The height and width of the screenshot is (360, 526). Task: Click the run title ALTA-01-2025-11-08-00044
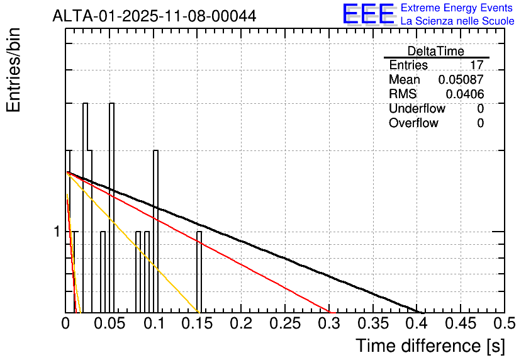pos(154,16)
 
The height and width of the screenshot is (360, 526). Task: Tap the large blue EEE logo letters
pos(367,14)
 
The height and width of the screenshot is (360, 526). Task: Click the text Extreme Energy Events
pos(457,8)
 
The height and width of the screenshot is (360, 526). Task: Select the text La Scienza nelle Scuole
pos(457,21)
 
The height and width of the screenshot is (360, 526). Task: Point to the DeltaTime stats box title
pos(436,51)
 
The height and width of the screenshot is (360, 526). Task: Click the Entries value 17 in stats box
pos(476,65)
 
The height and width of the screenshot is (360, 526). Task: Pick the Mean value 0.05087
pos(461,80)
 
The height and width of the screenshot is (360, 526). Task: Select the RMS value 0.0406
pos(464,94)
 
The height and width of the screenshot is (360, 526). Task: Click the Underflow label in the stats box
pos(417,109)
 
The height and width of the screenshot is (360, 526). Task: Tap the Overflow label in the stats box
pos(413,123)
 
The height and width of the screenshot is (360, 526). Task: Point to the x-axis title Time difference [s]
pos(430,346)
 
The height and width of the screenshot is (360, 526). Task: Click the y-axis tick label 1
pos(57,232)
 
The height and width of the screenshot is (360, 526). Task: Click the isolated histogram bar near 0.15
pos(199,271)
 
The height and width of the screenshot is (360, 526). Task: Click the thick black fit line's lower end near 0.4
pos(420,310)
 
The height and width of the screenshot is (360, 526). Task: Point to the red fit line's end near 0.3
pos(332,310)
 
